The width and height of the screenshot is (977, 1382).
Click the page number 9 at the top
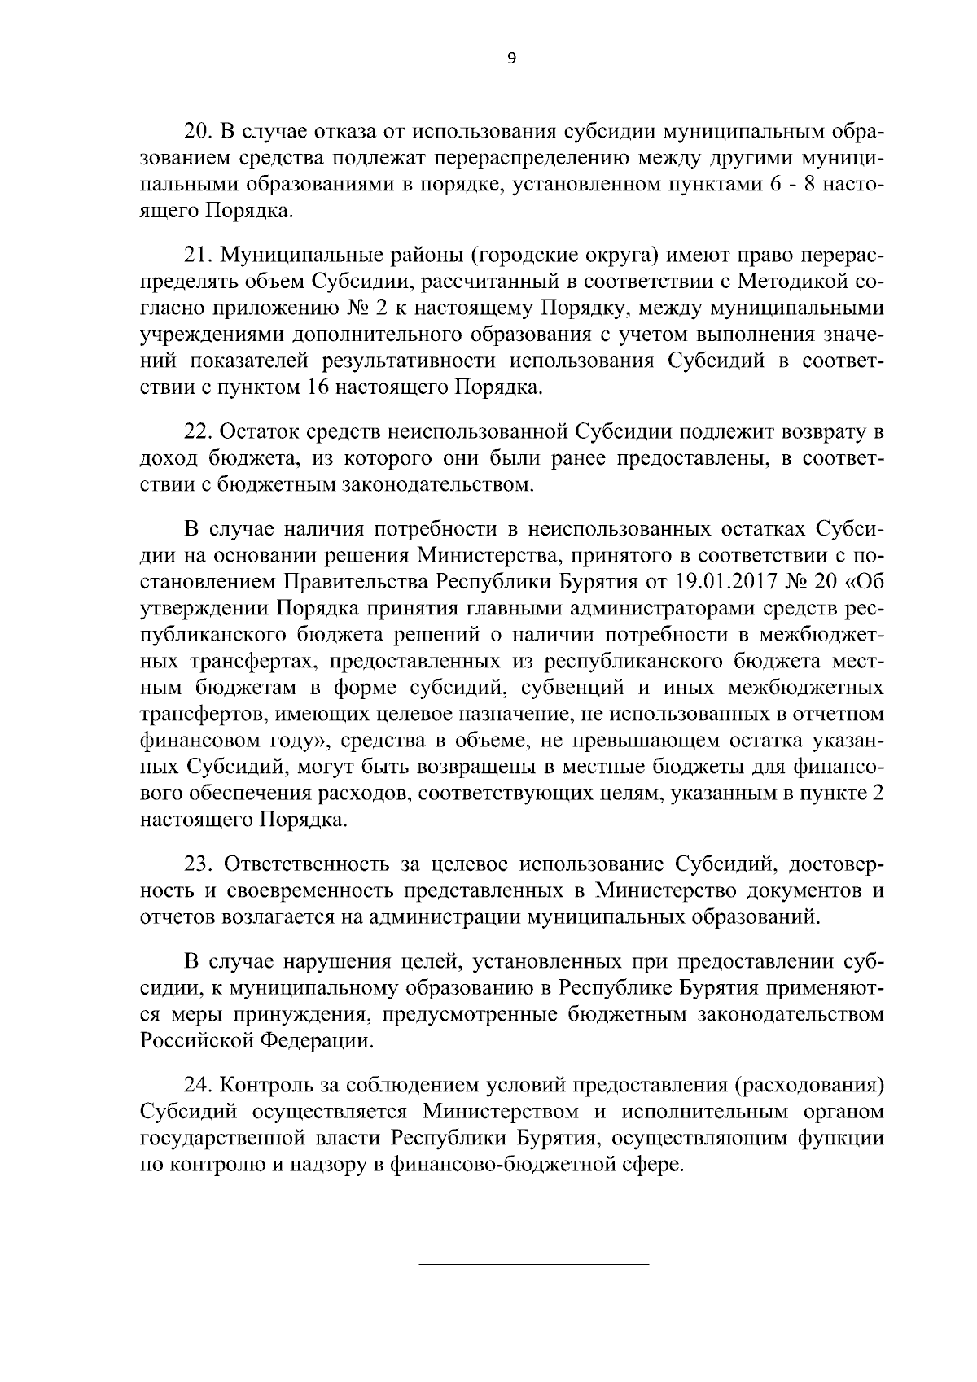(x=511, y=58)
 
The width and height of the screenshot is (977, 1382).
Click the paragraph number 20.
(x=197, y=132)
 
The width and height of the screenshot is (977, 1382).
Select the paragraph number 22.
(x=198, y=432)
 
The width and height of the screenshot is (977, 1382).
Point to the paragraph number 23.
(x=198, y=864)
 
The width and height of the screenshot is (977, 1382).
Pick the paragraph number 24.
(x=198, y=1086)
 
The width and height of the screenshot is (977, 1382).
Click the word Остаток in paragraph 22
(x=260, y=432)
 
